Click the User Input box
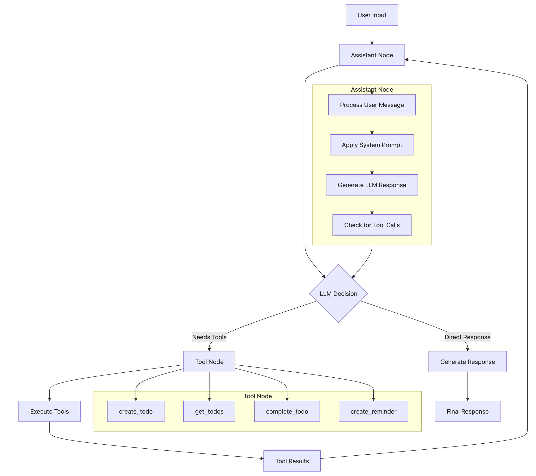pos(372,15)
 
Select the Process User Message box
pos(372,105)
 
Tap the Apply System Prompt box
pos(372,145)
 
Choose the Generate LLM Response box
pos(372,185)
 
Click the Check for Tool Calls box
pos(372,225)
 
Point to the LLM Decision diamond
pos(338,293)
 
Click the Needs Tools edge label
pos(209,337)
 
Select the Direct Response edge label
pos(467,337)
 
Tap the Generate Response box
pos(467,362)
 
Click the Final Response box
pos(467,411)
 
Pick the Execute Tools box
pos(49,411)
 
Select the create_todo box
pos(136,411)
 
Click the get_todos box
pos(209,411)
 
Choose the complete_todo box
pos(287,411)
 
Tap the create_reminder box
pos(373,411)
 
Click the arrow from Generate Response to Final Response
pos(467,386)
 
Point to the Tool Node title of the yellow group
pos(257,396)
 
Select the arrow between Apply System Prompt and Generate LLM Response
pos(372,165)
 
